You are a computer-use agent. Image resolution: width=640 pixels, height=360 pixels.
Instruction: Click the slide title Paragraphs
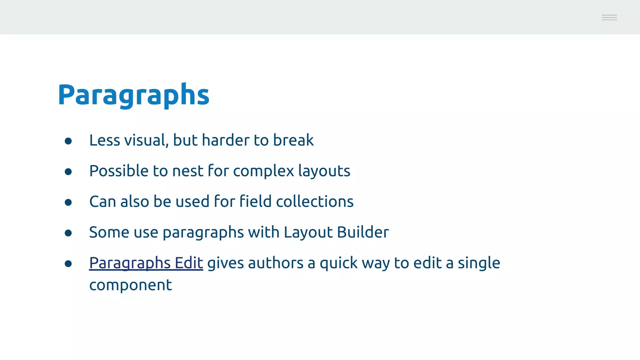pos(133,95)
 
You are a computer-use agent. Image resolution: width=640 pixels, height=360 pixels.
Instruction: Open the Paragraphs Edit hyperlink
pos(146,263)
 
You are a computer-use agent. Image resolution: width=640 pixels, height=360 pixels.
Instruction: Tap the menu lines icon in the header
pos(609,17)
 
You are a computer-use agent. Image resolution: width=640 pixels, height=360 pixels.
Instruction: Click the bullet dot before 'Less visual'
pos(68,141)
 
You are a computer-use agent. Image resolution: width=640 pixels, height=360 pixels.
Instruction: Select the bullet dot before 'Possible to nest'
pos(68,172)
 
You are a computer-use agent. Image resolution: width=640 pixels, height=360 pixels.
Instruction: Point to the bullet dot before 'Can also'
pos(68,202)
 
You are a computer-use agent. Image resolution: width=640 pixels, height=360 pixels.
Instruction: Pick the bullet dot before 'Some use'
pos(68,233)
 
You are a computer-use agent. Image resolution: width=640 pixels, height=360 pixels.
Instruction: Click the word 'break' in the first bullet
pos(293,140)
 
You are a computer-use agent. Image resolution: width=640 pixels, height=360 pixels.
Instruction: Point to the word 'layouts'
pos(324,171)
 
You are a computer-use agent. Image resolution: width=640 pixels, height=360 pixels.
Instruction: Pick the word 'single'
pos(479,263)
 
